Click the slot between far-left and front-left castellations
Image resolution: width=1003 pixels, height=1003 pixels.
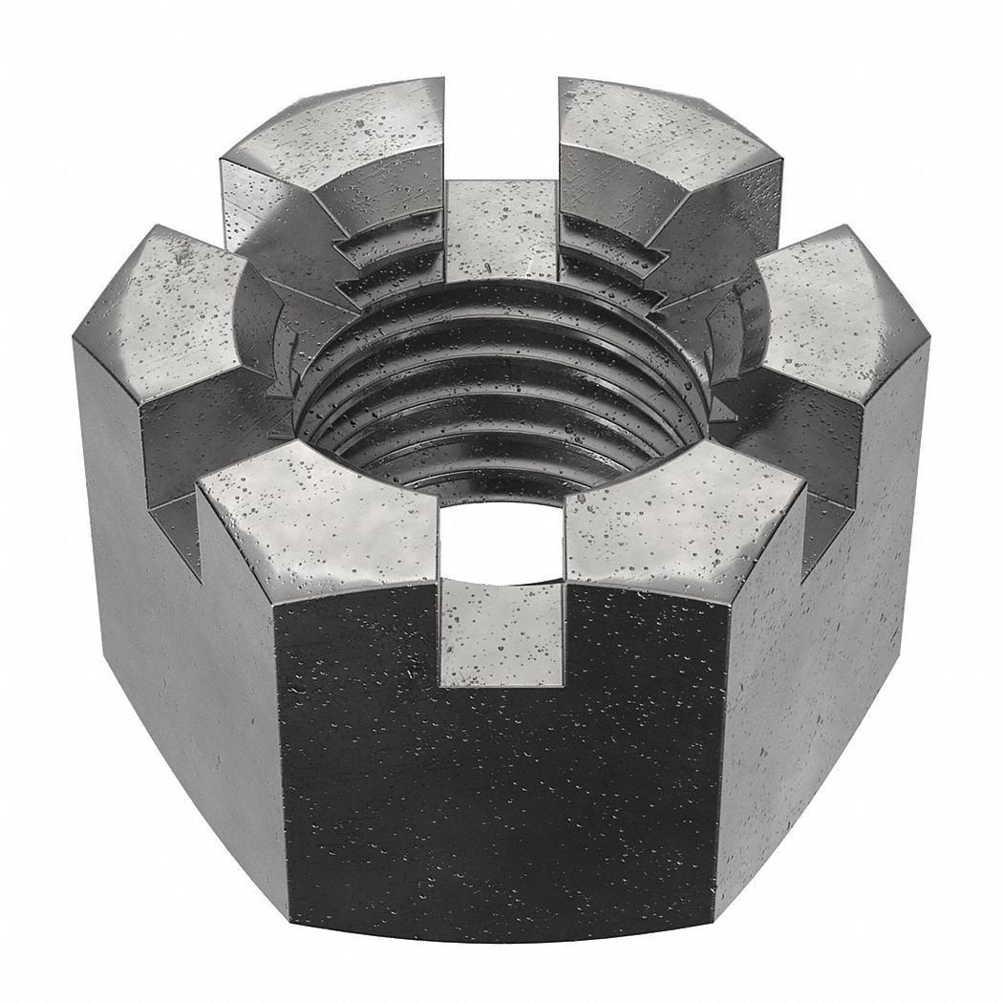tap(172, 478)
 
